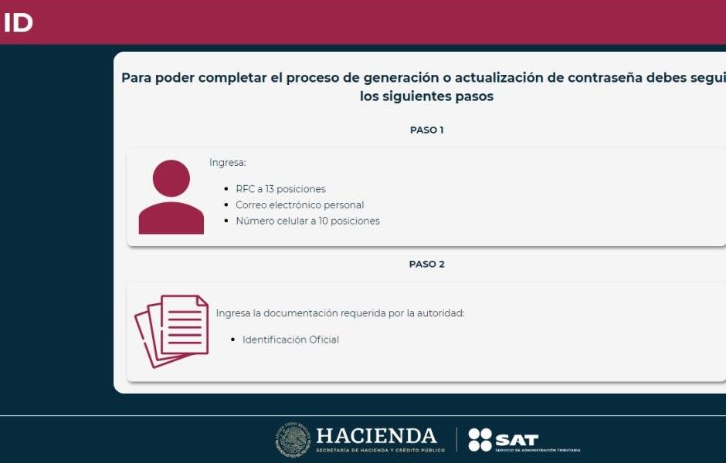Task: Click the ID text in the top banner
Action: (18, 22)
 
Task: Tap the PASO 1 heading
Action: (426, 130)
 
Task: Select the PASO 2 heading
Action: (426, 264)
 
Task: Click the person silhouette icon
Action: (171, 197)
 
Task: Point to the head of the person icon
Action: (171, 178)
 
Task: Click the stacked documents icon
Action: (171, 331)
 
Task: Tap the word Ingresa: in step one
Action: (228, 163)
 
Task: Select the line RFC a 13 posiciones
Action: (280, 189)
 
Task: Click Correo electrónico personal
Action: (300, 205)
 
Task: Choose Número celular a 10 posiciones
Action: (308, 221)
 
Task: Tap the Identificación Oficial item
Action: (290, 340)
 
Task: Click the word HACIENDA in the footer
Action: (376, 436)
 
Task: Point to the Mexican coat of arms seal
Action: (293, 439)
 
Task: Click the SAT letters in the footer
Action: (517, 439)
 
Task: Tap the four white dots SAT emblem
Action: (480, 439)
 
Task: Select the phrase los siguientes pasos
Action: (426, 96)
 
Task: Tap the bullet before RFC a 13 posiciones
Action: (226, 189)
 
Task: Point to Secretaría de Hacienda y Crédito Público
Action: (380, 450)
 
